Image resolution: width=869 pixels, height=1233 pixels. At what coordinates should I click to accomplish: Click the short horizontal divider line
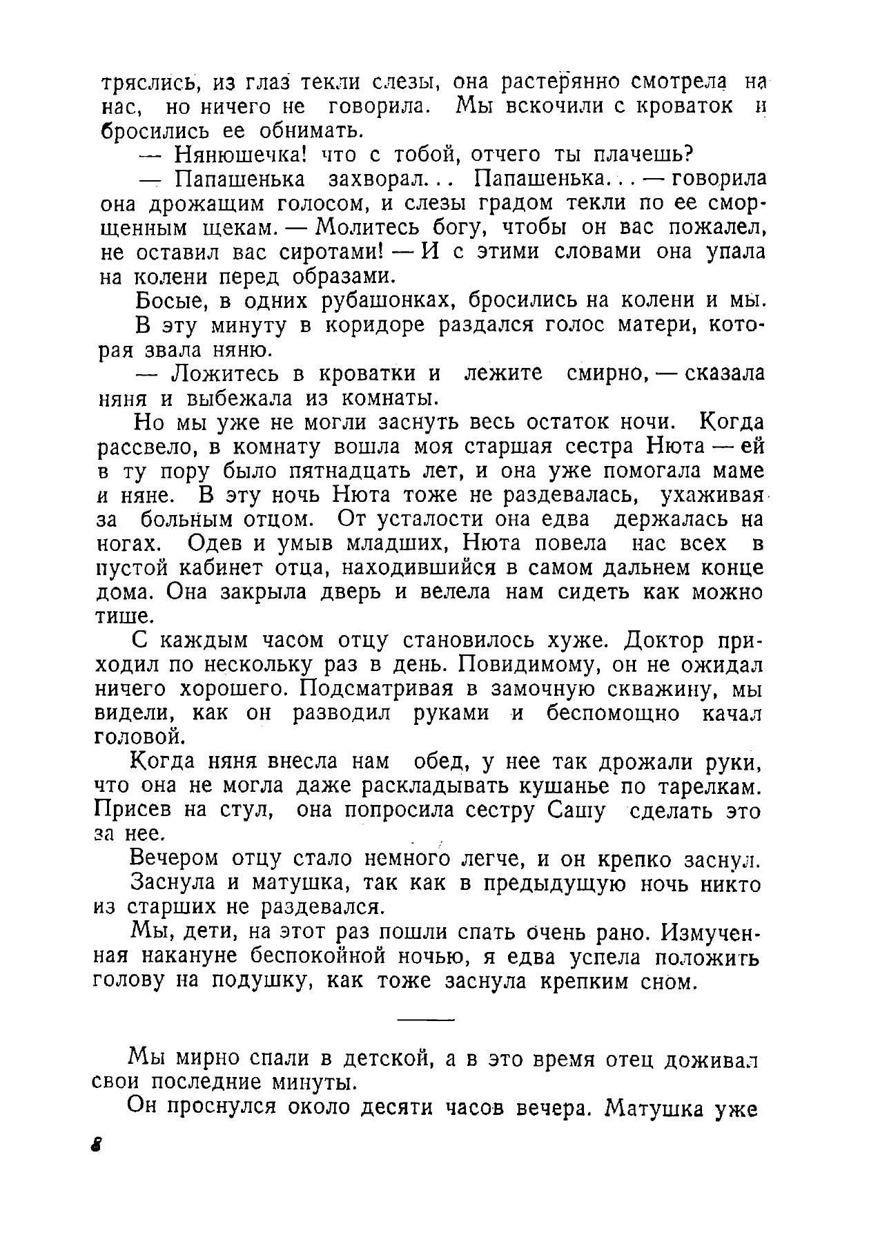point(426,1020)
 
